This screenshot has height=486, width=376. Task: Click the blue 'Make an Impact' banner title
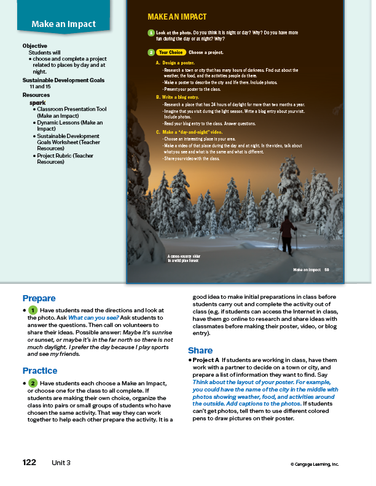(x=64, y=25)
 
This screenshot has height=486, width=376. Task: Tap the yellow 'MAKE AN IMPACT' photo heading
(x=177, y=17)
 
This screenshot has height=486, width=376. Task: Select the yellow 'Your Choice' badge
(x=171, y=53)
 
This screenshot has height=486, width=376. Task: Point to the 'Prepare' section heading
(x=39, y=298)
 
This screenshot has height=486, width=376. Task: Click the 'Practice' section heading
(x=40, y=371)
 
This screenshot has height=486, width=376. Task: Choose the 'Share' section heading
(x=200, y=350)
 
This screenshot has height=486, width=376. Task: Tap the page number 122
(x=29, y=462)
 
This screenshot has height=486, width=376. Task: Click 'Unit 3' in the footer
(x=62, y=462)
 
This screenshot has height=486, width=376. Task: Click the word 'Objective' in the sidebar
(x=35, y=46)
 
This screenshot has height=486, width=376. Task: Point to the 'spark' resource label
(x=37, y=102)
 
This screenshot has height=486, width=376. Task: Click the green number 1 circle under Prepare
(x=33, y=310)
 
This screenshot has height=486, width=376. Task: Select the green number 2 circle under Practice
(x=33, y=383)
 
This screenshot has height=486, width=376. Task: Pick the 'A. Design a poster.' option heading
(x=177, y=63)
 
